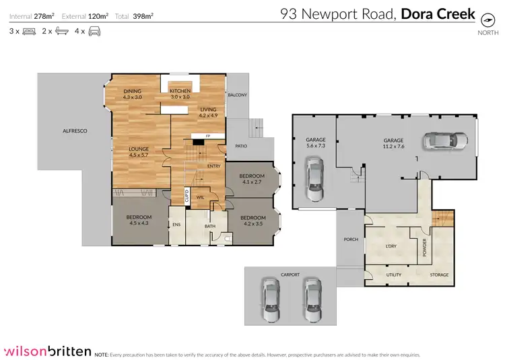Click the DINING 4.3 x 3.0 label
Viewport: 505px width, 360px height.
click(x=132, y=94)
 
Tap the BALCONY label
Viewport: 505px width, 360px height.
click(x=237, y=95)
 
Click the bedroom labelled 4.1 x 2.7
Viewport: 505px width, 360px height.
click(x=252, y=179)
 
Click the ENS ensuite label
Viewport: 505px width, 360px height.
click(x=176, y=225)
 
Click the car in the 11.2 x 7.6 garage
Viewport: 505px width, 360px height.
click(x=444, y=141)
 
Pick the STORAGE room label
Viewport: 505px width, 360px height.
click(x=439, y=275)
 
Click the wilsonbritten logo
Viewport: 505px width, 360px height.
click(x=46, y=350)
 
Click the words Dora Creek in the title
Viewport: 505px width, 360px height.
click(x=438, y=14)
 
